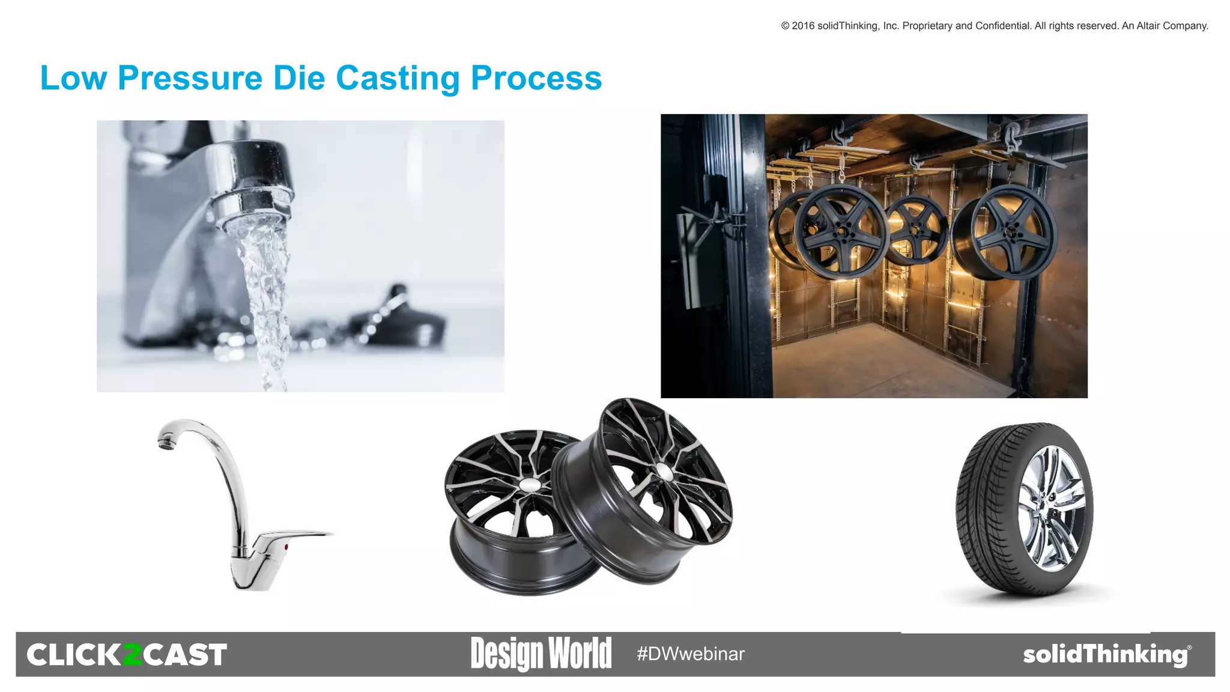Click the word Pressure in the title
click(190, 78)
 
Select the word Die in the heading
click(298, 78)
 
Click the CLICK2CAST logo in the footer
click(127, 654)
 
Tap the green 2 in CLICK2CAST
click(131, 655)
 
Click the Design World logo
click(541, 654)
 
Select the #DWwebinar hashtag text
click(691, 654)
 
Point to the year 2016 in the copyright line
click(803, 26)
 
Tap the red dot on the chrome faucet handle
click(286, 547)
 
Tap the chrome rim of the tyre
click(1052, 508)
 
